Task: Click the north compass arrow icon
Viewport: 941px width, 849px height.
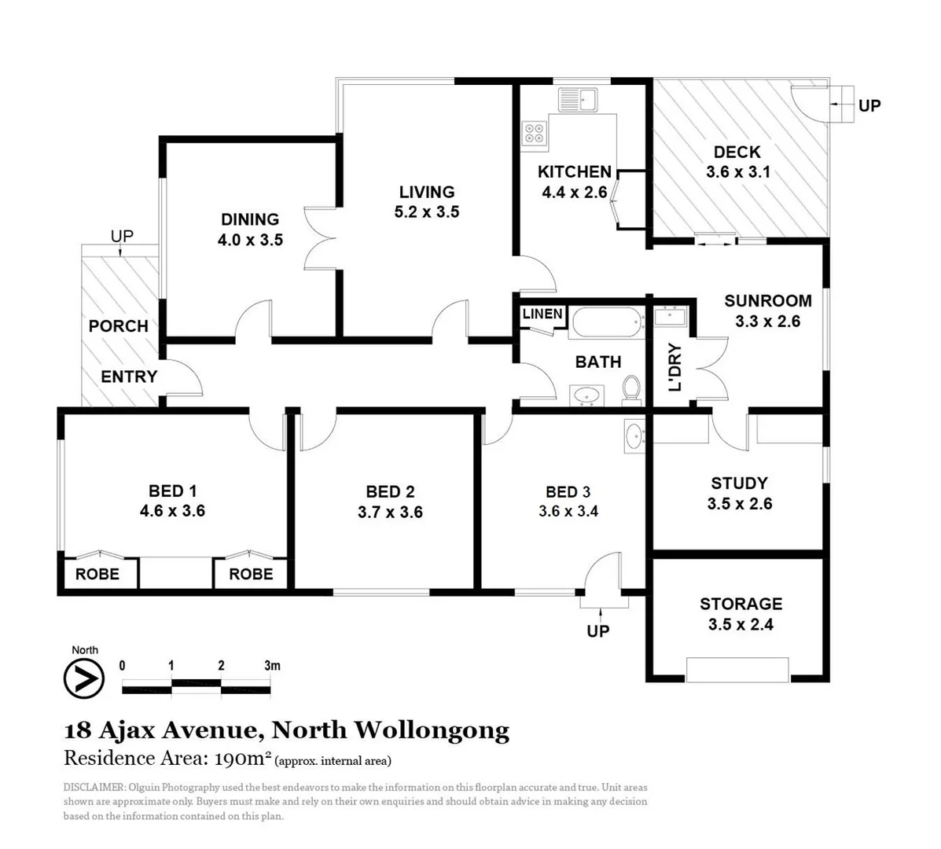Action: (84, 678)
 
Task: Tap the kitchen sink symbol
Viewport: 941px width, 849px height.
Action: (578, 100)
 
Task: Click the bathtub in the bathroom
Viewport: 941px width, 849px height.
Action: (605, 322)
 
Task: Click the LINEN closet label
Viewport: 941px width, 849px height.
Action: (542, 314)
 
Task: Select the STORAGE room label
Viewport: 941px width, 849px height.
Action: (741, 604)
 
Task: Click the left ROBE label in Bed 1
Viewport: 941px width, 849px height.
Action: (97, 574)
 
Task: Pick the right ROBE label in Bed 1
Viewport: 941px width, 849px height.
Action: (251, 574)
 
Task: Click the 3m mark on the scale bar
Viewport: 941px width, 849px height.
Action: (272, 666)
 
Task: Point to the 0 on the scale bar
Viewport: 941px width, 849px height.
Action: (122, 666)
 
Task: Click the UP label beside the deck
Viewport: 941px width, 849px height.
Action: (869, 105)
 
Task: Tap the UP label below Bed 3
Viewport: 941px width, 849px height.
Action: (597, 630)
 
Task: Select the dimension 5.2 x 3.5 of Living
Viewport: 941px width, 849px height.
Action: (427, 211)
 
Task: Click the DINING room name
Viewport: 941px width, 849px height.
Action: (249, 219)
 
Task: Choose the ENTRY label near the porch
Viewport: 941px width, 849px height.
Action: (129, 377)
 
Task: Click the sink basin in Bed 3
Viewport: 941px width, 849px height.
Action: (634, 435)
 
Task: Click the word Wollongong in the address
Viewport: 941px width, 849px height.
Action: (432, 730)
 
